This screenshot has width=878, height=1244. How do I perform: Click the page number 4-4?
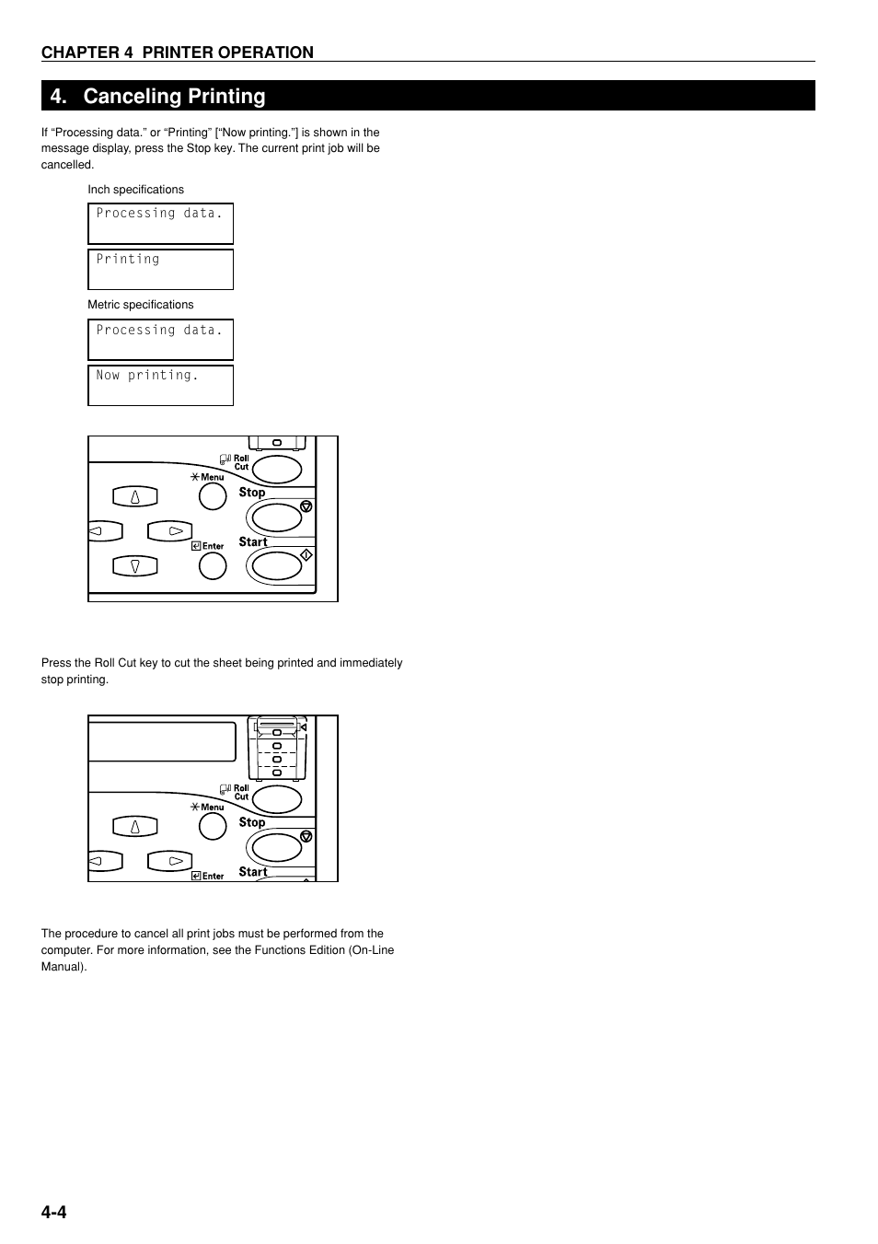click(x=53, y=1212)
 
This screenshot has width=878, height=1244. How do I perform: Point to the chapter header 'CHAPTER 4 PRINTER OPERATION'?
click(x=177, y=52)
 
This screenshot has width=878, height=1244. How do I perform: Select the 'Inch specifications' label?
click(x=135, y=190)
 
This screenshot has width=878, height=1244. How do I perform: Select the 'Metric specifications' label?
click(x=140, y=305)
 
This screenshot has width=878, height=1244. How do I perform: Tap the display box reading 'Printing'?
click(x=160, y=269)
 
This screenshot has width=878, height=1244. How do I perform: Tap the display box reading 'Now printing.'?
click(x=160, y=385)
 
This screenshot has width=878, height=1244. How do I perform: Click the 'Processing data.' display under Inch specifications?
click(x=160, y=223)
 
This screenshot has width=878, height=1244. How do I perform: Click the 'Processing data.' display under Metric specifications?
click(x=160, y=339)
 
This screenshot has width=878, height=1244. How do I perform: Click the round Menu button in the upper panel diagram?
click(x=213, y=496)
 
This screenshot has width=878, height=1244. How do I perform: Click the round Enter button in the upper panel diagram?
click(x=213, y=565)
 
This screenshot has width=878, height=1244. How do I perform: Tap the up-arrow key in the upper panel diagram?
click(x=135, y=496)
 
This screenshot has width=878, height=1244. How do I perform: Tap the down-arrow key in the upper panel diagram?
click(x=135, y=566)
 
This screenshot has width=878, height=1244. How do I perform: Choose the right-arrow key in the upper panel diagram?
click(x=170, y=531)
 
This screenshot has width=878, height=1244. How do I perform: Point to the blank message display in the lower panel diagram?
click(x=162, y=741)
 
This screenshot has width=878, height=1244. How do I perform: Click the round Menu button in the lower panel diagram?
click(x=213, y=826)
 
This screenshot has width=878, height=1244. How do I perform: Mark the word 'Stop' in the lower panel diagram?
click(x=252, y=822)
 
